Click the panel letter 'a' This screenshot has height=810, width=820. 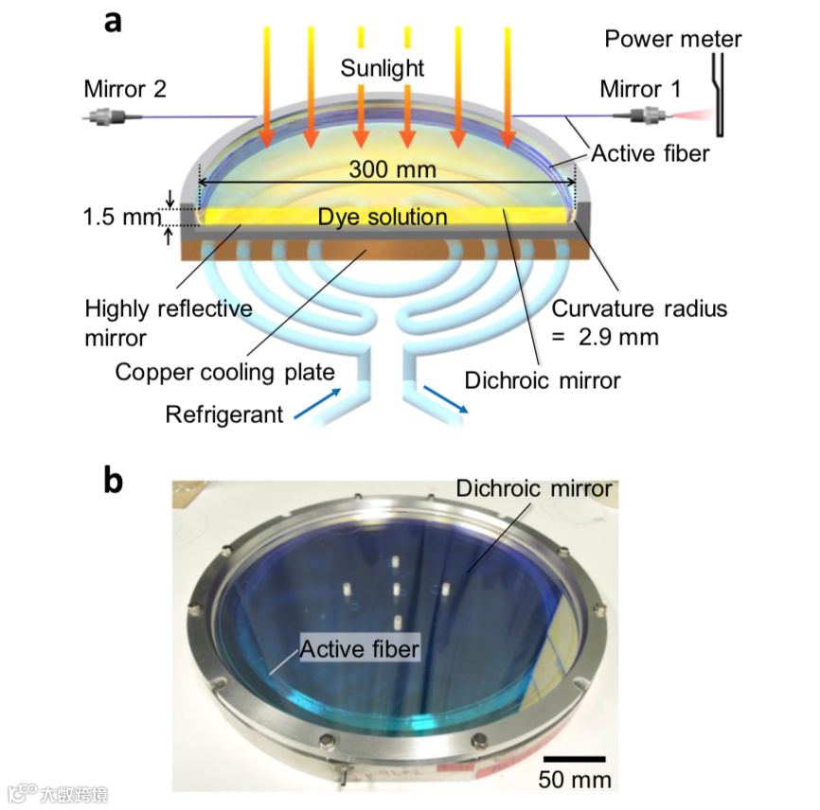coord(113,21)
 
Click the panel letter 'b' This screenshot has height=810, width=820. coord(113,480)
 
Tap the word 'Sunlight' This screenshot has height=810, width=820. coord(383,69)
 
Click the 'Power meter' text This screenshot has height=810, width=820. coord(673,39)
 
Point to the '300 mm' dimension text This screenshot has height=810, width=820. coord(392,170)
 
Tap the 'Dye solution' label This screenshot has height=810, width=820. coord(382,217)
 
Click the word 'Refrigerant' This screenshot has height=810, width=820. coord(224,414)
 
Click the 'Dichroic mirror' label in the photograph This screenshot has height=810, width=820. coord(534,489)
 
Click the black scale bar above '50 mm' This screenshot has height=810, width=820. coord(575,758)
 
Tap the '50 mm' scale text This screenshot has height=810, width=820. coord(575,780)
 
